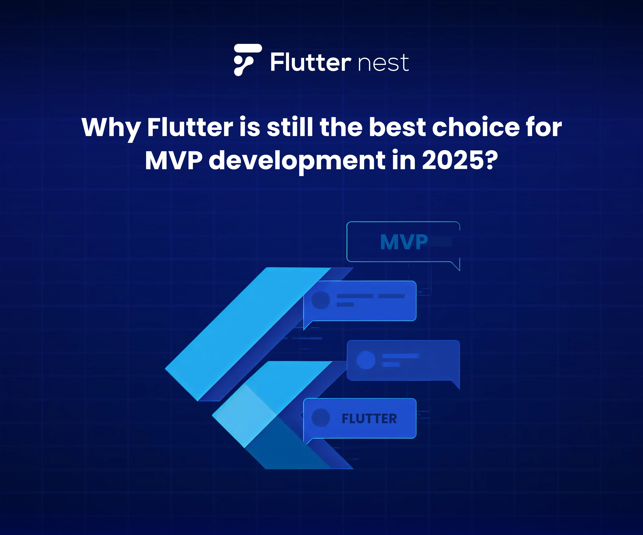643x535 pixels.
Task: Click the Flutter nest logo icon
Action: pyautogui.click(x=247, y=60)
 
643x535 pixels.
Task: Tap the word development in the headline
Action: pyautogui.click(x=297, y=161)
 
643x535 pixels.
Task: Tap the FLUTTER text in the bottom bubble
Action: pyautogui.click(x=369, y=419)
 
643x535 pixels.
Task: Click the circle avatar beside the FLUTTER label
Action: pyautogui.click(x=321, y=418)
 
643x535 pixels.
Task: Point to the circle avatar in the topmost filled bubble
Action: pyautogui.click(x=321, y=300)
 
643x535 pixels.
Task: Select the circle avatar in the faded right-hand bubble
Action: pyautogui.click(x=366, y=360)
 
